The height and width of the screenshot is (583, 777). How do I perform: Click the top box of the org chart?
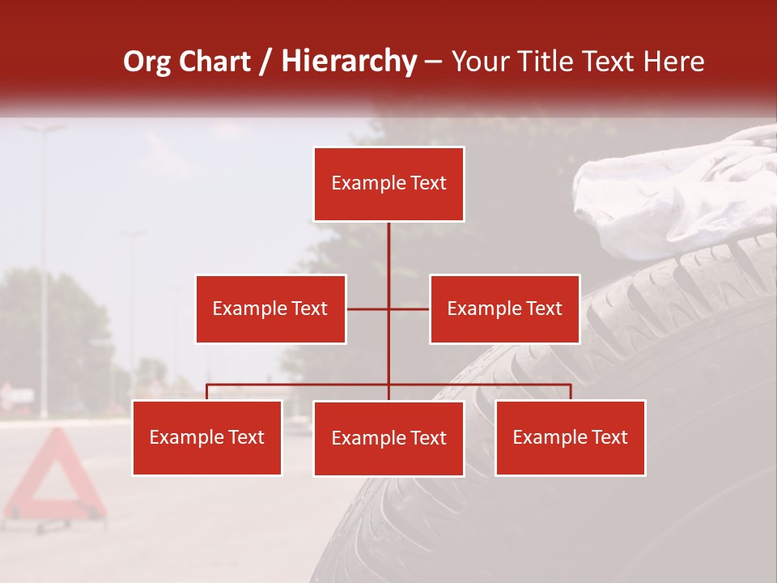(388, 184)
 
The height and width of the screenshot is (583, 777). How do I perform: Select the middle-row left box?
(270, 309)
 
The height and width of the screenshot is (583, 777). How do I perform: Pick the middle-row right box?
(504, 309)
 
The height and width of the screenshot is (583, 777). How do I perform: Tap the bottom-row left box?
(207, 437)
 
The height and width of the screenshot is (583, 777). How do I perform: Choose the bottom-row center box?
(388, 438)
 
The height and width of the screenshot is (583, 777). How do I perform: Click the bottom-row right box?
(570, 437)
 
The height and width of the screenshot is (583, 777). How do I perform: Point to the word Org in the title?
(147, 62)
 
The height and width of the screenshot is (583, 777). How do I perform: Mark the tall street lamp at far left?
(44, 267)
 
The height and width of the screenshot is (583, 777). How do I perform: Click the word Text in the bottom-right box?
(609, 437)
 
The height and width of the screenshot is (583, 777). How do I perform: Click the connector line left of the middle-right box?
(410, 309)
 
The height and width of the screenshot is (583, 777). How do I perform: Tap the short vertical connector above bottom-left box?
(207, 392)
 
